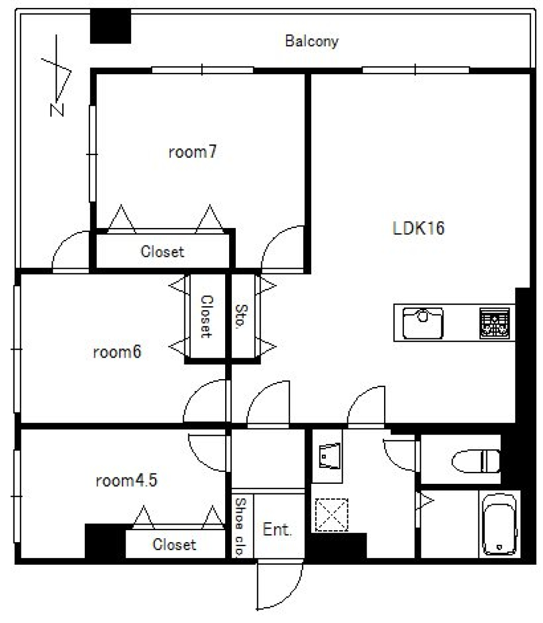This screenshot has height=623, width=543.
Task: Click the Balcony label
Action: pos(312,41)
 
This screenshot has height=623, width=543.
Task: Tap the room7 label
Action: pos(193,152)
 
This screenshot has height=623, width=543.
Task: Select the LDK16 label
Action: pos(418,228)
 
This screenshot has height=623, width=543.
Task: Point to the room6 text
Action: pos(117,351)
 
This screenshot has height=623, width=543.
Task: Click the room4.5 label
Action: pos(127,480)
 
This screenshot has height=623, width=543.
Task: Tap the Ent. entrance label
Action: pos(277,529)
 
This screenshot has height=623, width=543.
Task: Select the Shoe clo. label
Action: pos(240,526)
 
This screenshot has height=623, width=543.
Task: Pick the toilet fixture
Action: pos(476,461)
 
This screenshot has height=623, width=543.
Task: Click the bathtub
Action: pos(499,524)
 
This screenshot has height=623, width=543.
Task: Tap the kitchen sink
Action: pos(423,323)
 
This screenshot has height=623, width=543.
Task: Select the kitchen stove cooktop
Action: pos(494,323)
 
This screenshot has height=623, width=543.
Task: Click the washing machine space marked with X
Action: pos(331,515)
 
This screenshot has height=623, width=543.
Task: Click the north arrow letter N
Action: pos(57,110)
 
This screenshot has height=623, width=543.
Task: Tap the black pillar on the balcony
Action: pos(110,26)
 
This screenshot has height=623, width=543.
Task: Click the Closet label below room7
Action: pos(162,251)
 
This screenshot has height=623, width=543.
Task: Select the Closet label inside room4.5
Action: pos(174,544)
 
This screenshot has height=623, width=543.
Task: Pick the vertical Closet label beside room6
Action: pos(206,317)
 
